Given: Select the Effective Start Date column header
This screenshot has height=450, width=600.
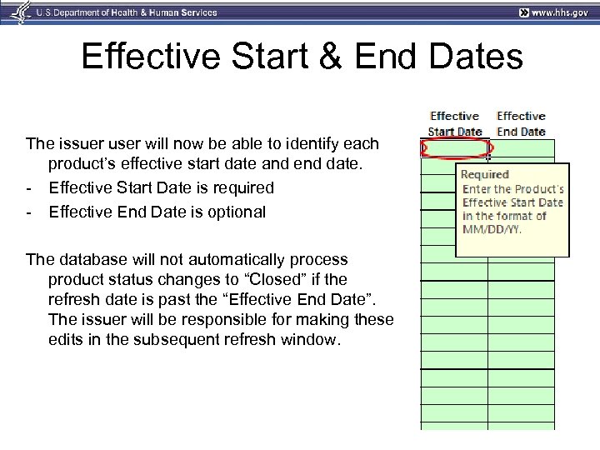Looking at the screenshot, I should (454, 123).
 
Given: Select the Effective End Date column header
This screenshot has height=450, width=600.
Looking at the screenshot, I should (521, 123).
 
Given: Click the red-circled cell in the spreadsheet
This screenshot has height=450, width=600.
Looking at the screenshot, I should (454, 148).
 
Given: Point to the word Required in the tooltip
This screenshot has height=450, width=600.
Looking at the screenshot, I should (485, 174).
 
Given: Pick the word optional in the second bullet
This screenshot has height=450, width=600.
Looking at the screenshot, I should (237, 212).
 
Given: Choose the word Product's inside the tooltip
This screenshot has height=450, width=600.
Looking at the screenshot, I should (537, 189).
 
